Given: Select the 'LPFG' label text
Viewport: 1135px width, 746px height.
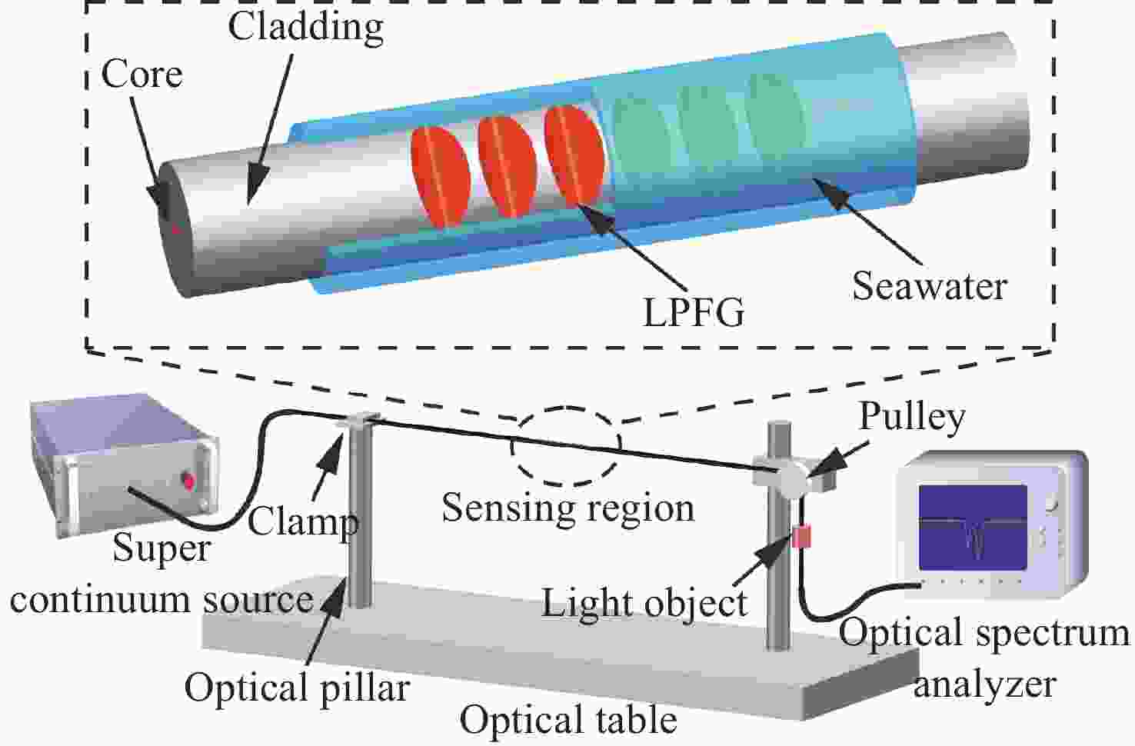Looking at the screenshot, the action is click(x=694, y=313).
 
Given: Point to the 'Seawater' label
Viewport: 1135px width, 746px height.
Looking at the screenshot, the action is click(x=930, y=286).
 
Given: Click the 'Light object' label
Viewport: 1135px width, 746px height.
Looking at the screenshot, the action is click(x=644, y=604).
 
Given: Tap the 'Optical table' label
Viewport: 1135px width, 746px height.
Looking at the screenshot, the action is click(x=568, y=720).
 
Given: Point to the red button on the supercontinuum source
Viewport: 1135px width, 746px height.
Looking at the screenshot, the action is click(x=189, y=480).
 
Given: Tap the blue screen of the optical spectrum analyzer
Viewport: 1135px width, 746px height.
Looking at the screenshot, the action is click(x=973, y=528).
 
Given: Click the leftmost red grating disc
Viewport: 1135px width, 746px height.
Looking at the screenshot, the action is click(x=441, y=176).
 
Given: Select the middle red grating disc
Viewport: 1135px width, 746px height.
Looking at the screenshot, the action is click(x=508, y=167).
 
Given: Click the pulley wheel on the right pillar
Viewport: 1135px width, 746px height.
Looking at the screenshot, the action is click(x=790, y=479).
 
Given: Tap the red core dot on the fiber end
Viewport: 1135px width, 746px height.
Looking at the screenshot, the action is click(x=175, y=228).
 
